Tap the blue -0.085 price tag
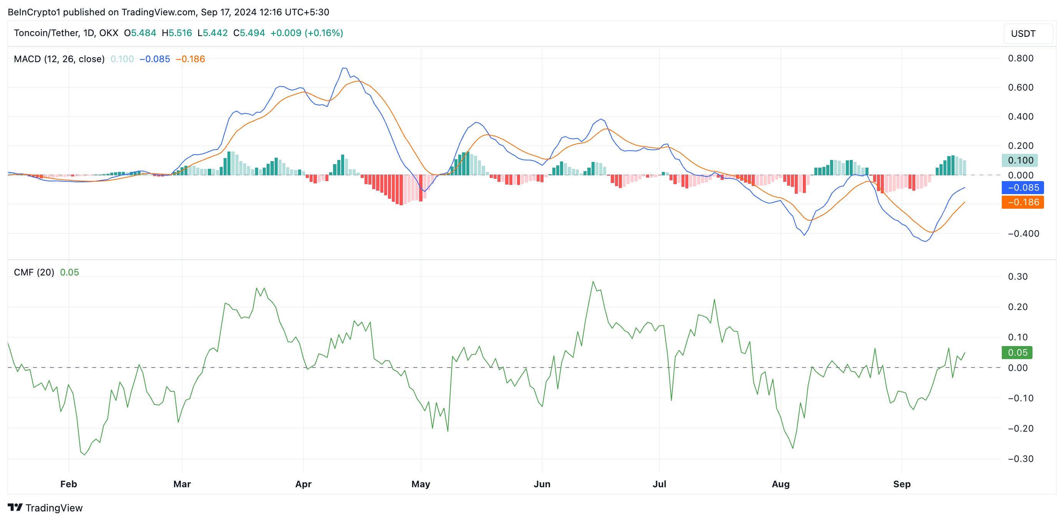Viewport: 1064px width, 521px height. point(1022,188)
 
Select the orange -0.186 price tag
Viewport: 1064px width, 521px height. point(1022,202)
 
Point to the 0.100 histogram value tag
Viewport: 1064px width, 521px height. point(1019,160)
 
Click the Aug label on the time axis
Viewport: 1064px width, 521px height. point(780,484)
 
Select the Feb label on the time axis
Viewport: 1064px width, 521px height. point(69,484)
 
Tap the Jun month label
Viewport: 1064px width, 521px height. point(542,484)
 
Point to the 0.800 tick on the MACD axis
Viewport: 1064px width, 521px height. point(1020,58)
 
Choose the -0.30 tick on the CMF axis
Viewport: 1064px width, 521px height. point(1020,459)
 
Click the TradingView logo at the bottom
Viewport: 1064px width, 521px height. point(45,508)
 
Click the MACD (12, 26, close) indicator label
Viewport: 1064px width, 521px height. point(59,59)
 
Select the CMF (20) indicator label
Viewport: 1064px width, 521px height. point(34,272)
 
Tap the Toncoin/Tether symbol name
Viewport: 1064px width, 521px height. point(46,33)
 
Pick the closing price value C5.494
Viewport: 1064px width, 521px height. point(249,33)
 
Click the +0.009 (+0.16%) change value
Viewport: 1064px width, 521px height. point(307,33)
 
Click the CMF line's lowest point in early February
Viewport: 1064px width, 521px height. point(85,455)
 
